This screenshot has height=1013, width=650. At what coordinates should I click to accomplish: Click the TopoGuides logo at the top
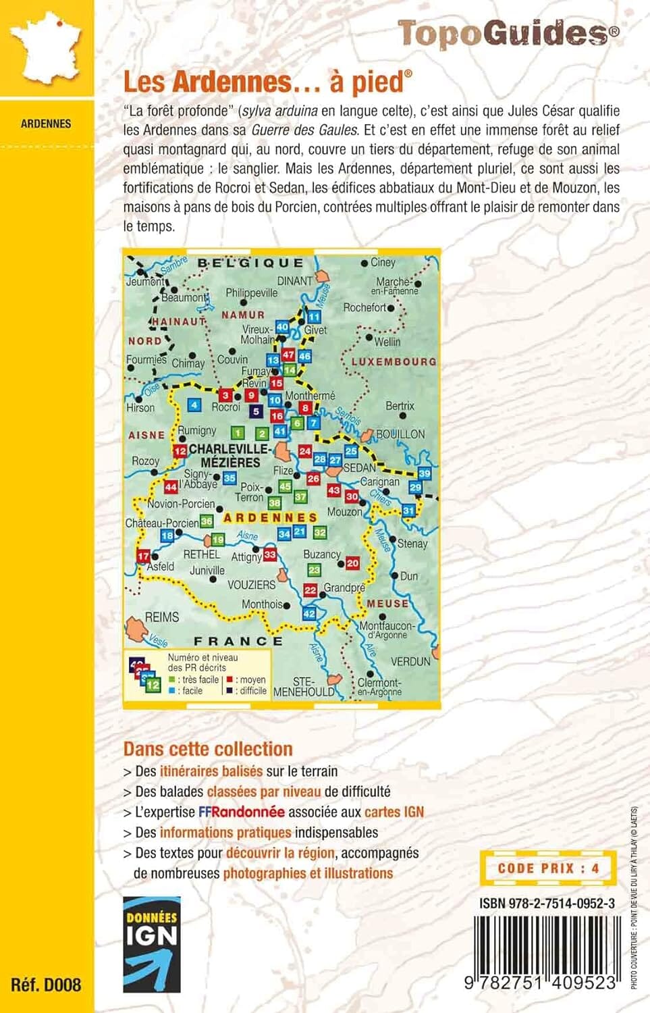508,33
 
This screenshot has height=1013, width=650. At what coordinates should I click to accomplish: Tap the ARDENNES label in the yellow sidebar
46,124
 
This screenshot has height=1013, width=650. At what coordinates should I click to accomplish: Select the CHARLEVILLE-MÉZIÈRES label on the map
229,456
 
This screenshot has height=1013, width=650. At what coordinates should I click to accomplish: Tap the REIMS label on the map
162,617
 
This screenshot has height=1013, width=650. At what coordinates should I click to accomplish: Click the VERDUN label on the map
410,661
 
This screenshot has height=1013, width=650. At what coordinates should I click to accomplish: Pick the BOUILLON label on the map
400,434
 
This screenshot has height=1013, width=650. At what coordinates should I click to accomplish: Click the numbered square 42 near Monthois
309,614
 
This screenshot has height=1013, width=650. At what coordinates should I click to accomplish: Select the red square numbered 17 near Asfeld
143,556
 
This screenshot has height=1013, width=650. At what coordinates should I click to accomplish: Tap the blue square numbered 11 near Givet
314,317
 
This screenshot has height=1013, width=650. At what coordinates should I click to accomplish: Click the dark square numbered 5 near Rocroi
255,411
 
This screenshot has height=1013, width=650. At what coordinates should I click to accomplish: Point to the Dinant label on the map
295,281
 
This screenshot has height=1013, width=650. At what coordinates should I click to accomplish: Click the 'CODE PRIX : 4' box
548,868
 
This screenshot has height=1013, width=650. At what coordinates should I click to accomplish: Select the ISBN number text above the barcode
547,903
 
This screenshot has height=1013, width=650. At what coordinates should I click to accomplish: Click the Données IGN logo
152,944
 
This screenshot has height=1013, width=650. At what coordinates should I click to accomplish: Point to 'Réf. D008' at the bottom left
46,985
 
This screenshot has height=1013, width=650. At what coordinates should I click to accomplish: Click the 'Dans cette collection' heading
208,749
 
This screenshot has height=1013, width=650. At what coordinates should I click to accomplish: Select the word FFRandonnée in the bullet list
242,812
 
